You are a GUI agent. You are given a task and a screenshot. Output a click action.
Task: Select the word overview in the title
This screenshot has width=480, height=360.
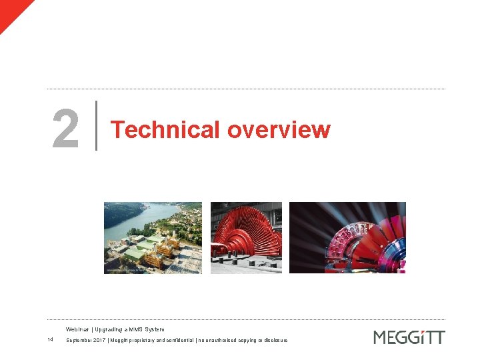[x=279, y=129]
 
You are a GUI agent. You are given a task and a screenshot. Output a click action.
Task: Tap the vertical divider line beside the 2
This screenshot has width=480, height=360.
[x=97, y=125]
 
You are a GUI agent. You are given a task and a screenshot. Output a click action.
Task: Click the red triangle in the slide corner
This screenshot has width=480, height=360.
[x=11, y=10]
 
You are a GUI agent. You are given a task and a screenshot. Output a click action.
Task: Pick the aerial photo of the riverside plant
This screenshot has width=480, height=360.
[x=153, y=238]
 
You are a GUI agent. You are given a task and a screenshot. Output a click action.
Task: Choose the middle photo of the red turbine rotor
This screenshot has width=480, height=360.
[x=246, y=238]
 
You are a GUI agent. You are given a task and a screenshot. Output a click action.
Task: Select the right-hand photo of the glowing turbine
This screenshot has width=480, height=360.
[x=347, y=238]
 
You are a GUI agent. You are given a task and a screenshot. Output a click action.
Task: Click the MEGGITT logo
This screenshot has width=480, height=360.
[x=409, y=337]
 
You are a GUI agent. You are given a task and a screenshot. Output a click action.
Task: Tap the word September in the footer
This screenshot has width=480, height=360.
[x=81, y=341]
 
